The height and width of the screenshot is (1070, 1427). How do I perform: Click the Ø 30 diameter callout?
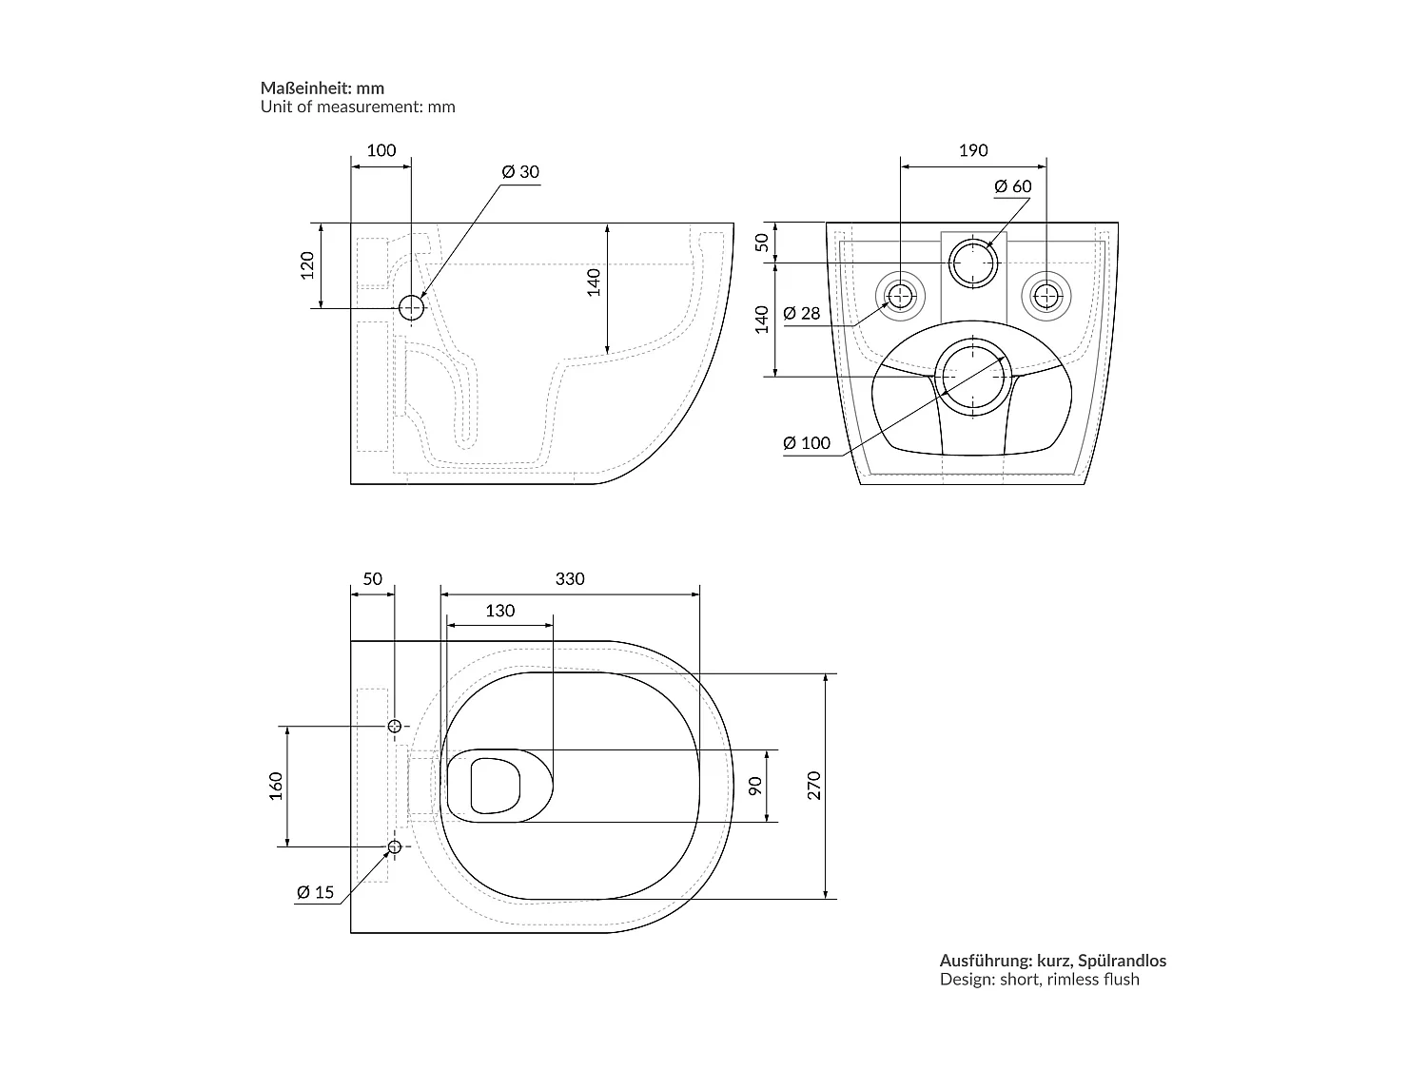pyautogui.click(x=520, y=171)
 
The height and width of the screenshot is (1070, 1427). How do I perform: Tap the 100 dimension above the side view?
pyautogui.click(x=381, y=150)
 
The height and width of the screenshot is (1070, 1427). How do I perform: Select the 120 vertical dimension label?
pyautogui.click(x=307, y=265)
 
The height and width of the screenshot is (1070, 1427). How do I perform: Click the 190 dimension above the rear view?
pyautogui.click(x=973, y=150)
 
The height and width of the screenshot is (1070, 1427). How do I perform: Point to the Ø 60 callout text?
pyautogui.click(x=1013, y=186)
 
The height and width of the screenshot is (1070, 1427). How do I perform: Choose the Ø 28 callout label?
pyautogui.click(x=802, y=313)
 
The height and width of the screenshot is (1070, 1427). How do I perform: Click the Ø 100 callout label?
pyautogui.click(x=807, y=443)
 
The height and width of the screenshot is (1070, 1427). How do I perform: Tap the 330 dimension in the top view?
pyautogui.click(x=570, y=579)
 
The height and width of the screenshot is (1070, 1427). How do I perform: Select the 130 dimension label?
pyautogui.click(x=500, y=611)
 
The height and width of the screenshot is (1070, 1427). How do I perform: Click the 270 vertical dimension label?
pyautogui.click(x=814, y=786)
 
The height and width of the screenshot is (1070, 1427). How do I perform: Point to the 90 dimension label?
pyautogui.click(x=754, y=787)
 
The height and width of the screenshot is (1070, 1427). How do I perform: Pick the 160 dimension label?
pyautogui.click(x=276, y=787)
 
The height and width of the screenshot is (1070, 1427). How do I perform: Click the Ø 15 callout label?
pyautogui.click(x=315, y=893)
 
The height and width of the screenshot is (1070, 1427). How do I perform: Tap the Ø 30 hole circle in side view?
pyautogui.click(x=412, y=296)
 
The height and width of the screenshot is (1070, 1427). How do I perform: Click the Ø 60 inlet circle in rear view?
pyautogui.click(x=972, y=241)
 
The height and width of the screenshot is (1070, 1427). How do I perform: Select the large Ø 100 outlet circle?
pyautogui.click(x=972, y=340)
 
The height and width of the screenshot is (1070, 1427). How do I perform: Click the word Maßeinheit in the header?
pyautogui.click(x=306, y=88)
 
